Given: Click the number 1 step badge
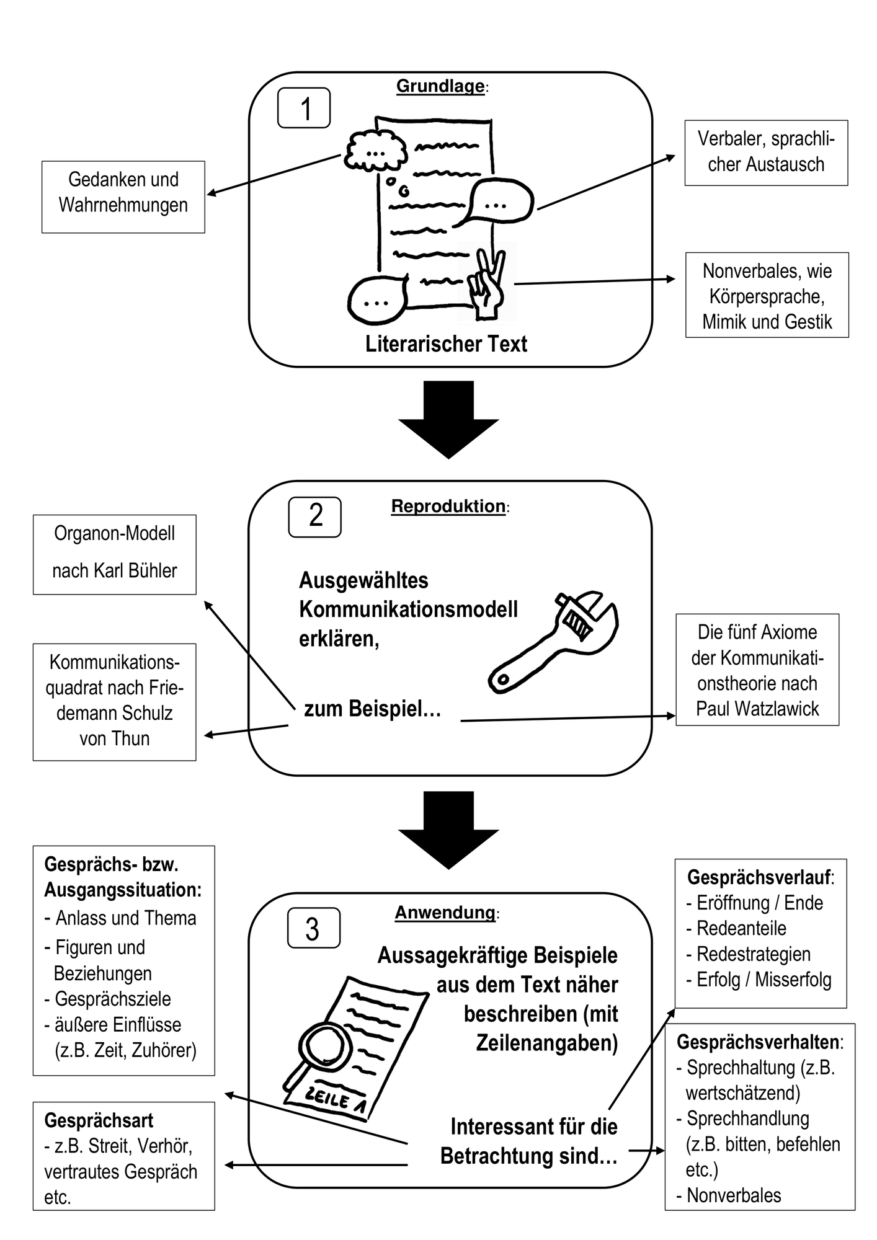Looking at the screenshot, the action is click(x=304, y=108).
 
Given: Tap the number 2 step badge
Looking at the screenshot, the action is click(x=315, y=516).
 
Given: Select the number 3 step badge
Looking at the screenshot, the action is click(x=314, y=928).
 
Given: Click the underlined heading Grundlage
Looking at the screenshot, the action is click(x=440, y=86).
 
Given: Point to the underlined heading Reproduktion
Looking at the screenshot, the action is click(x=448, y=506).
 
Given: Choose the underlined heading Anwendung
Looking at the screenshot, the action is click(x=445, y=912).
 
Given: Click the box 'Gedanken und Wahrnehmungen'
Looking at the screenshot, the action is click(x=123, y=197).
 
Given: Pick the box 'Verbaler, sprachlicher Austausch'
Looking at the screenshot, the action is click(x=766, y=153).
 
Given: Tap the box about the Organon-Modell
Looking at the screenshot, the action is click(x=115, y=554).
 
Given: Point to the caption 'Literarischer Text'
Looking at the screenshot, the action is click(x=446, y=344).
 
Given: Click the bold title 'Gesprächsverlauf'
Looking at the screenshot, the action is click(x=759, y=877).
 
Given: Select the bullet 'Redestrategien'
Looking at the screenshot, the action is click(x=754, y=954).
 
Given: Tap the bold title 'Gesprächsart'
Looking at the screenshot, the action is click(x=99, y=1120).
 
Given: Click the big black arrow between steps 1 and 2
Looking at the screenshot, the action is click(x=448, y=420).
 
